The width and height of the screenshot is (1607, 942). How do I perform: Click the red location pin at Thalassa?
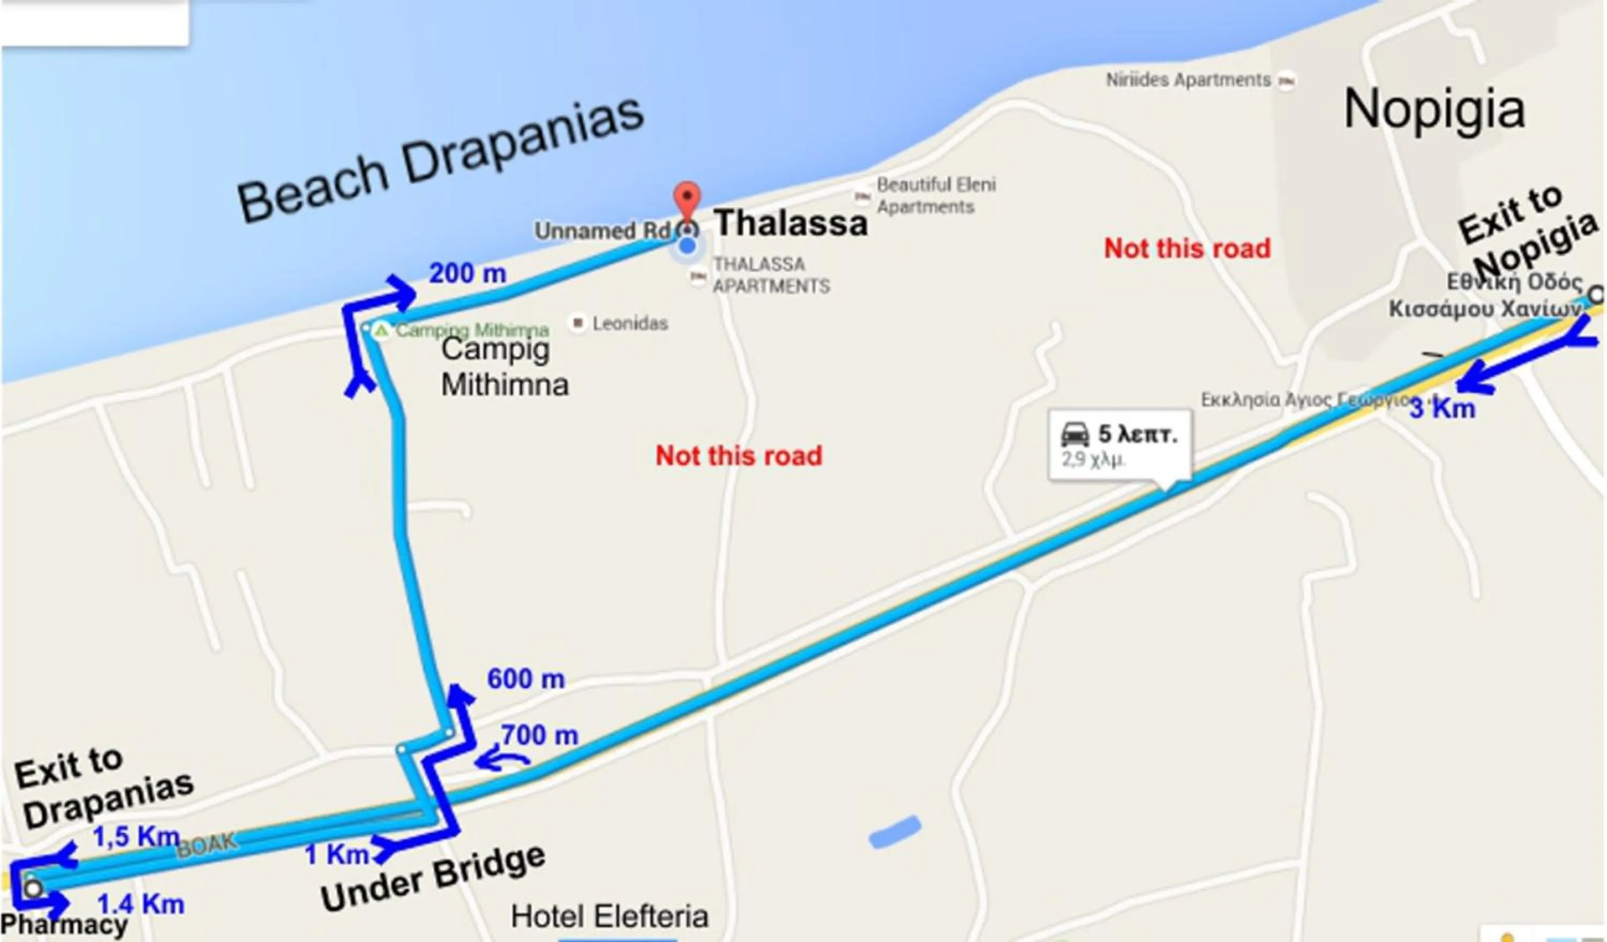(687, 199)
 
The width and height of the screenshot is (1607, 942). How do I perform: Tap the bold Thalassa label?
(791, 224)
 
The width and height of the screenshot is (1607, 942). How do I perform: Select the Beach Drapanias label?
(440, 160)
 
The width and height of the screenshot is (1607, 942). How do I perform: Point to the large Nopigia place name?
(1434, 110)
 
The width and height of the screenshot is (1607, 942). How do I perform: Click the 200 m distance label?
(468, 274)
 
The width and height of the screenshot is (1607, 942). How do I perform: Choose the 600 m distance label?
(526, 678)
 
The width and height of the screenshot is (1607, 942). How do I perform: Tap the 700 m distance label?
(539, 735)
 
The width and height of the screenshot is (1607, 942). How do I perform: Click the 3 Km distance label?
(1442, 409)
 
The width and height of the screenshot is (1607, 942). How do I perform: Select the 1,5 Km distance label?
(136, 838)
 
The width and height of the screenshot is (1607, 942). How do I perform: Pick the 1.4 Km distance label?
(140, 904)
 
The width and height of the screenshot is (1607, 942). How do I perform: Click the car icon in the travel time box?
(1075, 435)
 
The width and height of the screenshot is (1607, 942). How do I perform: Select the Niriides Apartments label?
(1188, 80)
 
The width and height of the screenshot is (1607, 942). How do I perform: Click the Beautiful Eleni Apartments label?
(935, 196)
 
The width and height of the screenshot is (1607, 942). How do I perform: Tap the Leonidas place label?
(629, 323)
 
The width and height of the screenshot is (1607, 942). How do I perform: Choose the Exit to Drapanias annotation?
(102, 789)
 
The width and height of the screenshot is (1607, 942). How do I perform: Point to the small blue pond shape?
(895, 832)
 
